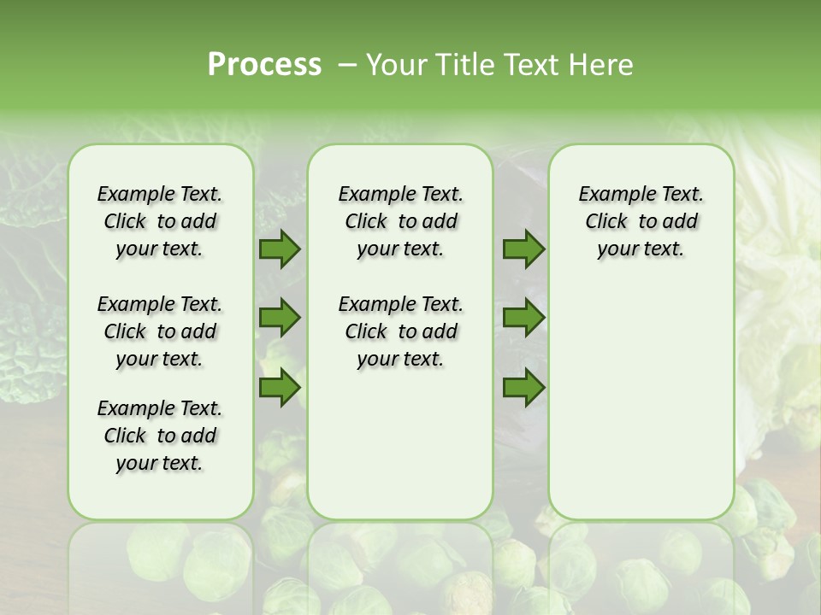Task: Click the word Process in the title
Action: [x=264, y=64]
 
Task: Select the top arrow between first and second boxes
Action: [x=280, y=249]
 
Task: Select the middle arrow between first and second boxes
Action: [x=280, y=319]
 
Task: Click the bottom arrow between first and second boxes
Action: [x=280, y=388]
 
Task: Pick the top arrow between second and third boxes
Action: [x=523, y=249]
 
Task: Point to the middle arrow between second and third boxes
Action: [x=523, y=319]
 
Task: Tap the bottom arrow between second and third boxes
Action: [x=523, y=388]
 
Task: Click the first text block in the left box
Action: [x=160, y=221]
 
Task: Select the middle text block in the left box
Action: [x=160, y=331]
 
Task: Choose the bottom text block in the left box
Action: [x=160, y=436]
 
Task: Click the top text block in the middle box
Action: [x=400, y=221]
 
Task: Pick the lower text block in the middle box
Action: [x=400, y=331]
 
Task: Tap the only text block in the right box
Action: [x=641, y=221]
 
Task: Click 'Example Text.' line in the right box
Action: [x=641, y=195]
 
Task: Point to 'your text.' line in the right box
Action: [x=641, y=249]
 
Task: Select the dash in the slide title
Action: [x=346, y=65]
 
